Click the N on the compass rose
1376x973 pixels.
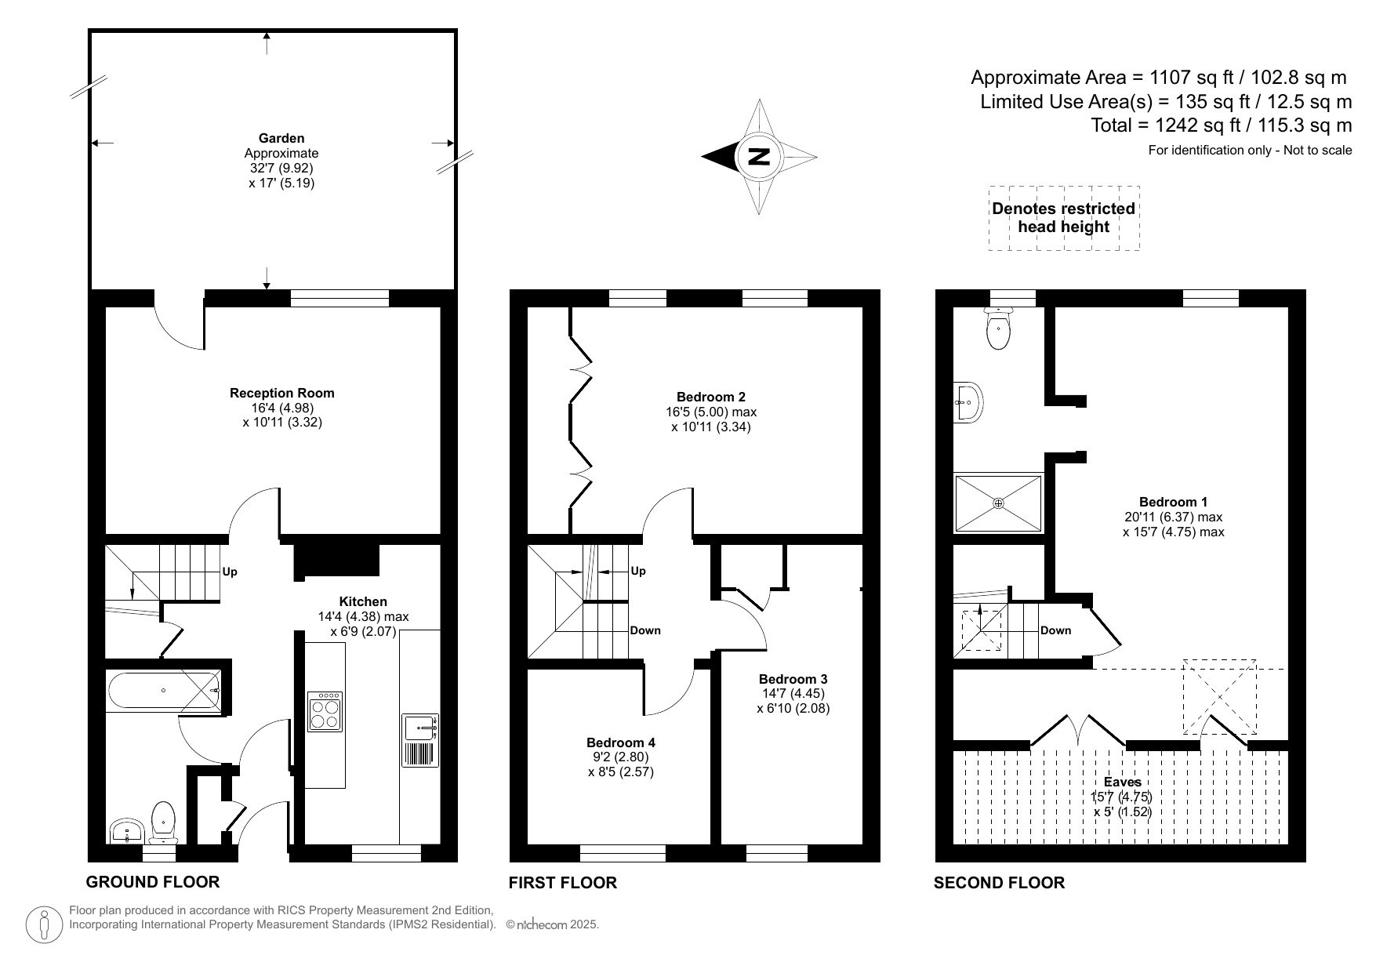[758, 157]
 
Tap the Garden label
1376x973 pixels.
[281, 139]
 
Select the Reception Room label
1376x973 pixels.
[281, 393]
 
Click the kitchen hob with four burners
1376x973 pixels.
[325, 711]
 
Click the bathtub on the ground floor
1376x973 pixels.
[165, 690]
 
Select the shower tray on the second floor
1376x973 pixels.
[998, 503]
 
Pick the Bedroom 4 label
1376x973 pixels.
[620, 742]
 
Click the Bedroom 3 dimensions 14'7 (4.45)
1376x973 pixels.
[793, 693]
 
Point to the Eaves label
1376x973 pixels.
[1121, 782]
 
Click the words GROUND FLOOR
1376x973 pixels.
[152, 881]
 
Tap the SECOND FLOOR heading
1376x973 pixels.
[998, 883]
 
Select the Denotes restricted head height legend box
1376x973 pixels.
[1063, 218]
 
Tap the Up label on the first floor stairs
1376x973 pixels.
[638, 571]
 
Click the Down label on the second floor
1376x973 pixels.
[1055, 630]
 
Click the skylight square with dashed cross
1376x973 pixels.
[1218, 696]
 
